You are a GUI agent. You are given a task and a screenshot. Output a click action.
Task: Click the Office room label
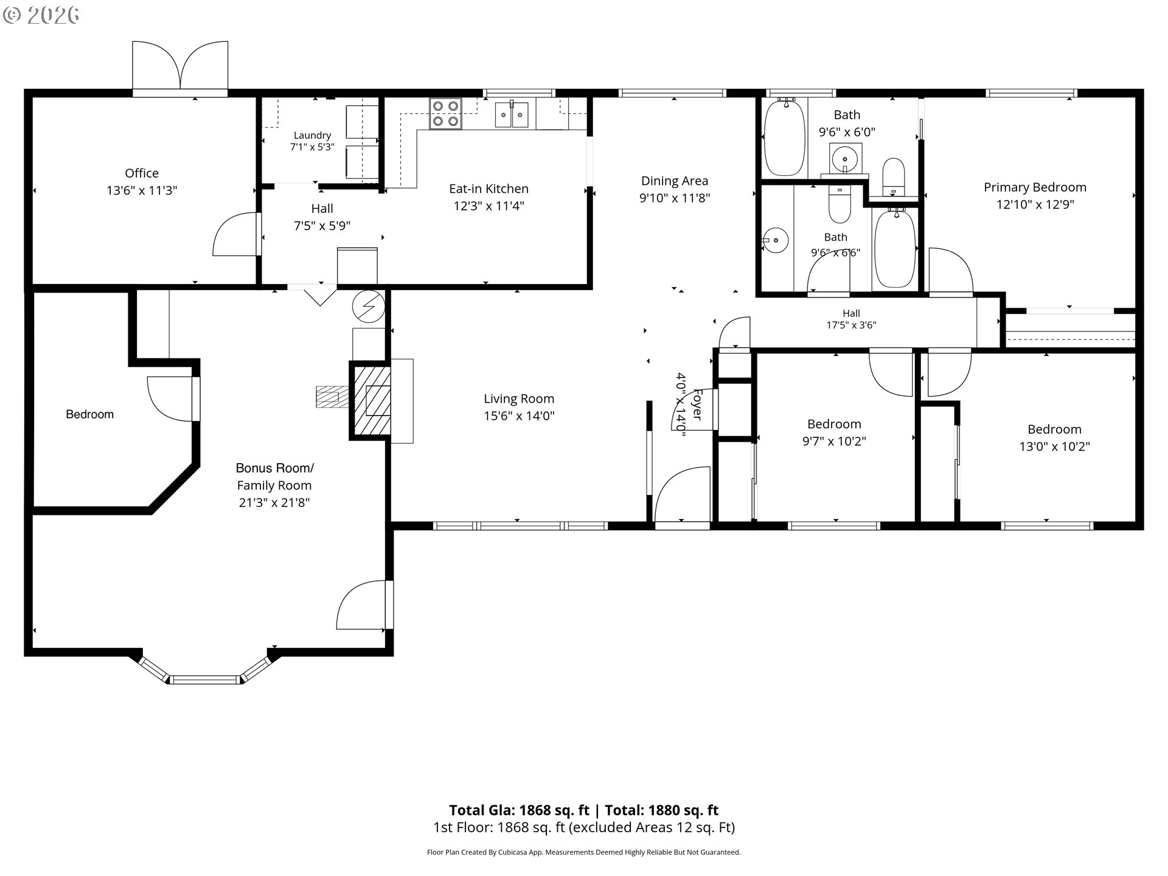[x=142, y=173]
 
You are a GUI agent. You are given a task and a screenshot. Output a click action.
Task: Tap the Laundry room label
[x=312, y=135]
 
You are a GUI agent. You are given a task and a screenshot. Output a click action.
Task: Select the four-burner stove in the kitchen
[x=445, y=114]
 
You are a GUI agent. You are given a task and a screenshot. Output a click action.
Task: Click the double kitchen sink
[x=512, y=115]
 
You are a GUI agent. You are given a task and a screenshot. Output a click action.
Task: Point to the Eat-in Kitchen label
[x=488, y=189]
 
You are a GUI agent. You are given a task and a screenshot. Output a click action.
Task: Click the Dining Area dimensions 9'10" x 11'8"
[x=675, y=198]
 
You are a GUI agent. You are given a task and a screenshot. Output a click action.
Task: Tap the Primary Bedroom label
[x=1035, y=187]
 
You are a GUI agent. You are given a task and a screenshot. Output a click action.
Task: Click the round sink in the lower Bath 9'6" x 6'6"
[x=775, y=240]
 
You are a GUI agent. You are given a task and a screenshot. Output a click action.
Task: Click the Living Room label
[x=519, y=399]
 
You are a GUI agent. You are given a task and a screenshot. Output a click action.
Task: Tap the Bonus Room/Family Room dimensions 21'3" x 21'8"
[x=274, y=502]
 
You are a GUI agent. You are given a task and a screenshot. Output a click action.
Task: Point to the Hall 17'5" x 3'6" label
[x=851, y=313]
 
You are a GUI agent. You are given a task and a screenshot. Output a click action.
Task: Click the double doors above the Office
[x=180, y=67]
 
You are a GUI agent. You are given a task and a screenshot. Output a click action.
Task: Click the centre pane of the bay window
[x=205, y=680]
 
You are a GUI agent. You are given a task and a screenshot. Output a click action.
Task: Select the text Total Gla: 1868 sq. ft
[x=519, y=810]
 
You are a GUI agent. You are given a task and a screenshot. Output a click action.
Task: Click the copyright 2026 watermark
[x=41, y=15]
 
